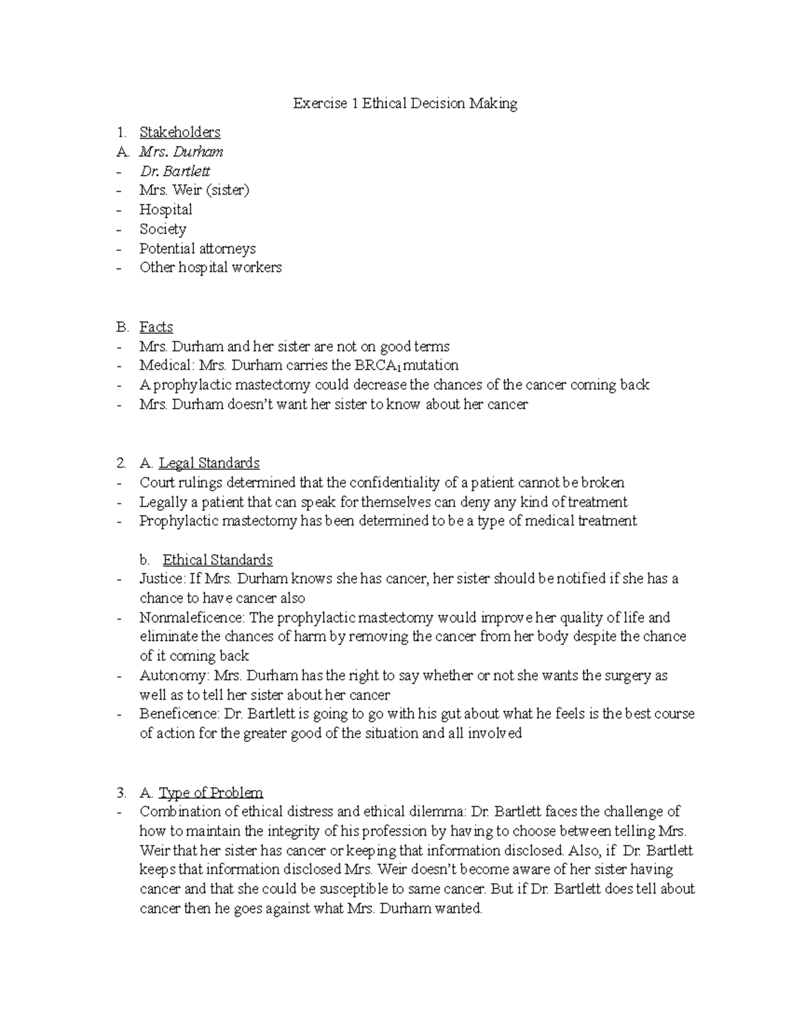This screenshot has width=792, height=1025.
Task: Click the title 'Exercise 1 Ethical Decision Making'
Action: click(405, 104)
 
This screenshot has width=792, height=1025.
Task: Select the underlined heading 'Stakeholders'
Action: click(180, 132)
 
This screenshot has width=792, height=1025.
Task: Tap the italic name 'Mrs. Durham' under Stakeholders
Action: click(181, 152)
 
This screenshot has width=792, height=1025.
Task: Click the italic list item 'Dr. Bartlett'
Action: click(175, 171)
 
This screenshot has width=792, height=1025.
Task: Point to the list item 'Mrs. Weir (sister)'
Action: click(194, 190)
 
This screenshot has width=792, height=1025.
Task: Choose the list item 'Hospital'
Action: click(166, 210)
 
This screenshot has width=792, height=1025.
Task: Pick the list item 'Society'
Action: click(162, 229)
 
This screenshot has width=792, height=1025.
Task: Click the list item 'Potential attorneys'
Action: click(197, 249)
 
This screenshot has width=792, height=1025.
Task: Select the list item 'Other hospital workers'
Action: click(210, 267)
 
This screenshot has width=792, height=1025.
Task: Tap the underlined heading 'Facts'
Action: click(156, 327)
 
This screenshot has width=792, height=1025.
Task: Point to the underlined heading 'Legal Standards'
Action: click(209, 463)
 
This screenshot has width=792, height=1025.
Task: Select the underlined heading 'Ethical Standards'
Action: click(217, 560)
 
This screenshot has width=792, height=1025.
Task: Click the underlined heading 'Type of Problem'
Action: click(211, 793)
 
